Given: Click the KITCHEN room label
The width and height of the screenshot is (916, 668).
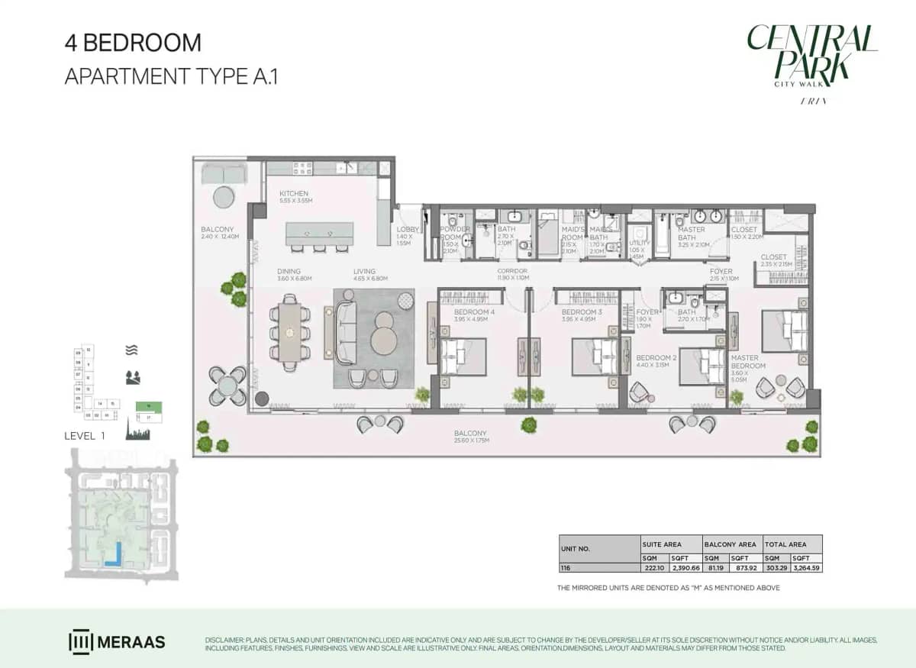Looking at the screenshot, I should [x=294, y=194].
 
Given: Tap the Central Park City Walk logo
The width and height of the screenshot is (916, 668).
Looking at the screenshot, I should [x=812, y=61].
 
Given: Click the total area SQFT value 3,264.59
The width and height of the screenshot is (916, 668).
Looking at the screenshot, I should [x=808, y=568].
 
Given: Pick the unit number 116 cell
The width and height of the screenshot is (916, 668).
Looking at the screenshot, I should [x=566, y=568].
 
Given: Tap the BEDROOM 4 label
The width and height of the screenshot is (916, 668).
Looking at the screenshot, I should [x=474, y=312].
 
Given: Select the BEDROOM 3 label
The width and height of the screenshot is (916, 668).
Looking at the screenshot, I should [x=582, y=312].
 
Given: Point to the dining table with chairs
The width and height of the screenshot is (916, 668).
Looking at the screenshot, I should [x=290, y=333].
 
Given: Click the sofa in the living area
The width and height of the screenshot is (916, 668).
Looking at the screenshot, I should [x=346, y=332].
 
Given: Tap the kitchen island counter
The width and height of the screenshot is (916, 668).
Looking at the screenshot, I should [x=320, y=233].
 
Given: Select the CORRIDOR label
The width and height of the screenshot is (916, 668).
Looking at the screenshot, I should [x=512, y=271].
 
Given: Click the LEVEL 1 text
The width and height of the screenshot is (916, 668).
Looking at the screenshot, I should [x=84, y=436].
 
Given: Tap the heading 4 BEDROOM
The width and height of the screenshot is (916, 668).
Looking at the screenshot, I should [x=133, y=43].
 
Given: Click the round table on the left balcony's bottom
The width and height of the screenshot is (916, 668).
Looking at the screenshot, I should [x=227, y=386].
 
